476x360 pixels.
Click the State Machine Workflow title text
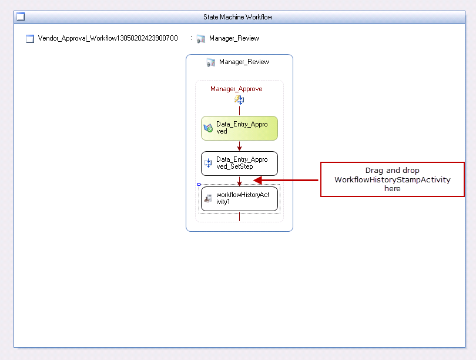pos(237,17)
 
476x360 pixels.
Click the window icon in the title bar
pos(21,16)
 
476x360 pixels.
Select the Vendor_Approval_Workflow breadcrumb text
pos(108,38)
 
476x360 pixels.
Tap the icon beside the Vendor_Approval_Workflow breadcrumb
pos(30,39)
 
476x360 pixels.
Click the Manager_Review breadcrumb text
pos(234,38)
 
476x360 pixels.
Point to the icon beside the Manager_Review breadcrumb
pos(201,39)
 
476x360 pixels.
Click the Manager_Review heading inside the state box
pos(244,62)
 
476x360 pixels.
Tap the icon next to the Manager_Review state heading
pos(211,62)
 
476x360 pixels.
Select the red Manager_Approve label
pos(236,89)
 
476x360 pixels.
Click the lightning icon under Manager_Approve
pos(239,99)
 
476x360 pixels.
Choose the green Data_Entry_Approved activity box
pos(239,128)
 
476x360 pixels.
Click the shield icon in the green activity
pos(208,128)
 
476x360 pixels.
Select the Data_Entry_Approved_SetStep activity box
pos(239,164)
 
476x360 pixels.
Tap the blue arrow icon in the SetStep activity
pos(208,163)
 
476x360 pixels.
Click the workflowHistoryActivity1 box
pos(239,199)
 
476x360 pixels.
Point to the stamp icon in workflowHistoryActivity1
pos(208,199)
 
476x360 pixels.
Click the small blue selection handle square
pos(199,184)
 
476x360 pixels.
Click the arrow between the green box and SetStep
pos(239,146)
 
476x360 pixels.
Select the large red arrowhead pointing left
pos(258,180)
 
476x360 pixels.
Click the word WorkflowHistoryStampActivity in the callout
pos(392,180)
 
